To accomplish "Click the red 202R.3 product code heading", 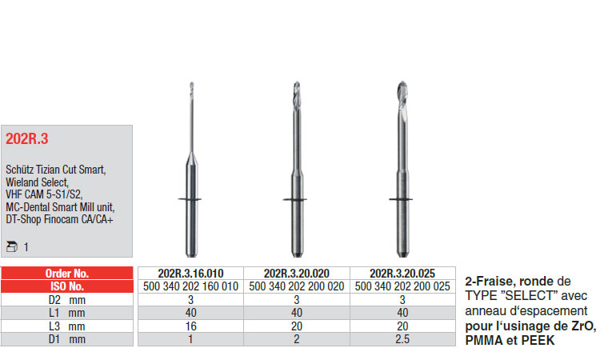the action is [x=26, y=138].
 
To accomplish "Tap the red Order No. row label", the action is [x=67, y=274].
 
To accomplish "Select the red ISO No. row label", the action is [x=67, y=286].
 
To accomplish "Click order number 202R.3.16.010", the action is [x=190, y=274].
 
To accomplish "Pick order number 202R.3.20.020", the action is [x=297, y=274].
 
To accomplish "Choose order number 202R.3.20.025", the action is [x=402, y=274].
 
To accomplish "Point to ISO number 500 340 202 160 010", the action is [x=190, y=286].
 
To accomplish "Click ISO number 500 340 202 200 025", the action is [x=402, y=286].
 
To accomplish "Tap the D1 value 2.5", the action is [x=402, y=339].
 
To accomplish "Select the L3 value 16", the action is [x=190, y=326].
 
